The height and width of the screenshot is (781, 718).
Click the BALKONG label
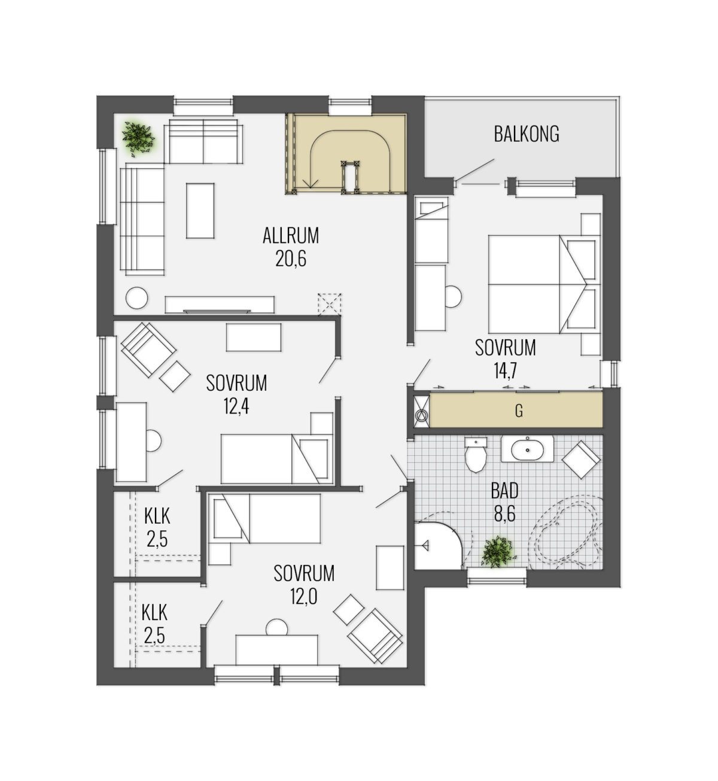tap(526, 133)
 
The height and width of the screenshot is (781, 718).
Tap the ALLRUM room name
tap(290, 236)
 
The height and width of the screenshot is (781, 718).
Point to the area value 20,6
tap(290, 259)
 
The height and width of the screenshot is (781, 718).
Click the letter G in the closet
tap(518, 412)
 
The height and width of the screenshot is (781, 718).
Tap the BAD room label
tap(504, 491)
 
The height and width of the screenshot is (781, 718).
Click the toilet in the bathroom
tap(476, 454)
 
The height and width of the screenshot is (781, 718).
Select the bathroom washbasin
tap(527, 449)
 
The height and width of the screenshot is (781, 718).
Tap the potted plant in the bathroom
tap(497, 552)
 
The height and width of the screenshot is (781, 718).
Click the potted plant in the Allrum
tap(138, 138)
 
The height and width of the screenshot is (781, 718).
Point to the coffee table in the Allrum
tap(200, 211)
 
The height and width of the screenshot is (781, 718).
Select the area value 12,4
tap(236, 406)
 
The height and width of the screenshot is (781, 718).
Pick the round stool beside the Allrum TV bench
tap(136, 298)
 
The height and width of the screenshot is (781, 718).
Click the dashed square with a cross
tap(330, 304)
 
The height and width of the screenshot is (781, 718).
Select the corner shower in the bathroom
tap(439, 545)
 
